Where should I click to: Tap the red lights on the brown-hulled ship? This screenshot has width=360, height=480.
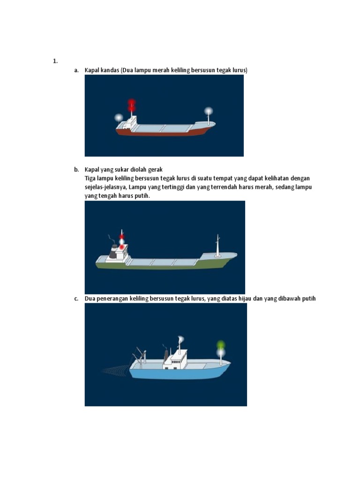coord(132,105)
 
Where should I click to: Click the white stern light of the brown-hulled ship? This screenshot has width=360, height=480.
coord(119,118)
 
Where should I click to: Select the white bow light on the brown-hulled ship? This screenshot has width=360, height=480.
coord(208,112)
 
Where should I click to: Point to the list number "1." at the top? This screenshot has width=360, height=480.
coord(55,61)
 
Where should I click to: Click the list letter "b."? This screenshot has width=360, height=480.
coord(76,170)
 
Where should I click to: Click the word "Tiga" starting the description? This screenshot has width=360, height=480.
coord(91,179)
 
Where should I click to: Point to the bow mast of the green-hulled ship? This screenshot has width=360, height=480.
coord(217,246)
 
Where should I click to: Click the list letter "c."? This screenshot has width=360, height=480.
coord(76,299)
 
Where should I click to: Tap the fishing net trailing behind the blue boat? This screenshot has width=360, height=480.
coord(115,370)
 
